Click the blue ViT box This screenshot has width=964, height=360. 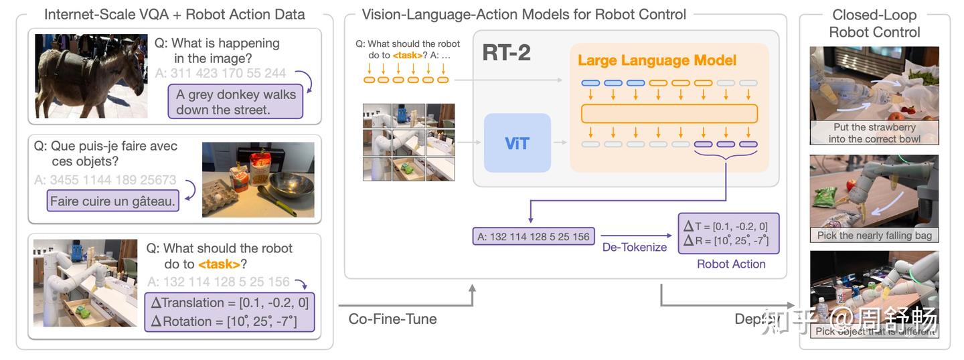coord(517,143)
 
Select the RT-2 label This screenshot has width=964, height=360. coord(506,52)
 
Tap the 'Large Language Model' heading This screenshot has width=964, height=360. coord(657,60)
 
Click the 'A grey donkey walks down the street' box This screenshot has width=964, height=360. coord(236,102)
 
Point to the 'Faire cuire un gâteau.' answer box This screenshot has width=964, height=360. coord(112,201)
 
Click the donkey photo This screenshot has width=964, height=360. coord(90,76)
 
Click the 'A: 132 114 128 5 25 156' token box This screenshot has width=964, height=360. coord(533,236)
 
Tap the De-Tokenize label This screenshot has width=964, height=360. coord(634,248)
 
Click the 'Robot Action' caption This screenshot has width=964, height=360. coord(731,264)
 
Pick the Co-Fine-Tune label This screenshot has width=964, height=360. coord(392,319)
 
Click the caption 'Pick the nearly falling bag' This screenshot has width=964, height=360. coord(874,235)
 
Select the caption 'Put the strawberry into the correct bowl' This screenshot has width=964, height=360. coord(874,133)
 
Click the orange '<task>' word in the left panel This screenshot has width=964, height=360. coord(219,264)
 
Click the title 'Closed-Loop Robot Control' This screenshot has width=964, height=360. coord(874,23)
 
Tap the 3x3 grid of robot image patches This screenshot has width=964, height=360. coord(408,142)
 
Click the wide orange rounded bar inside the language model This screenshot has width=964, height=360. coord(669,113)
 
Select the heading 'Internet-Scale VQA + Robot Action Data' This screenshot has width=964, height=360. coord(174,14)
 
